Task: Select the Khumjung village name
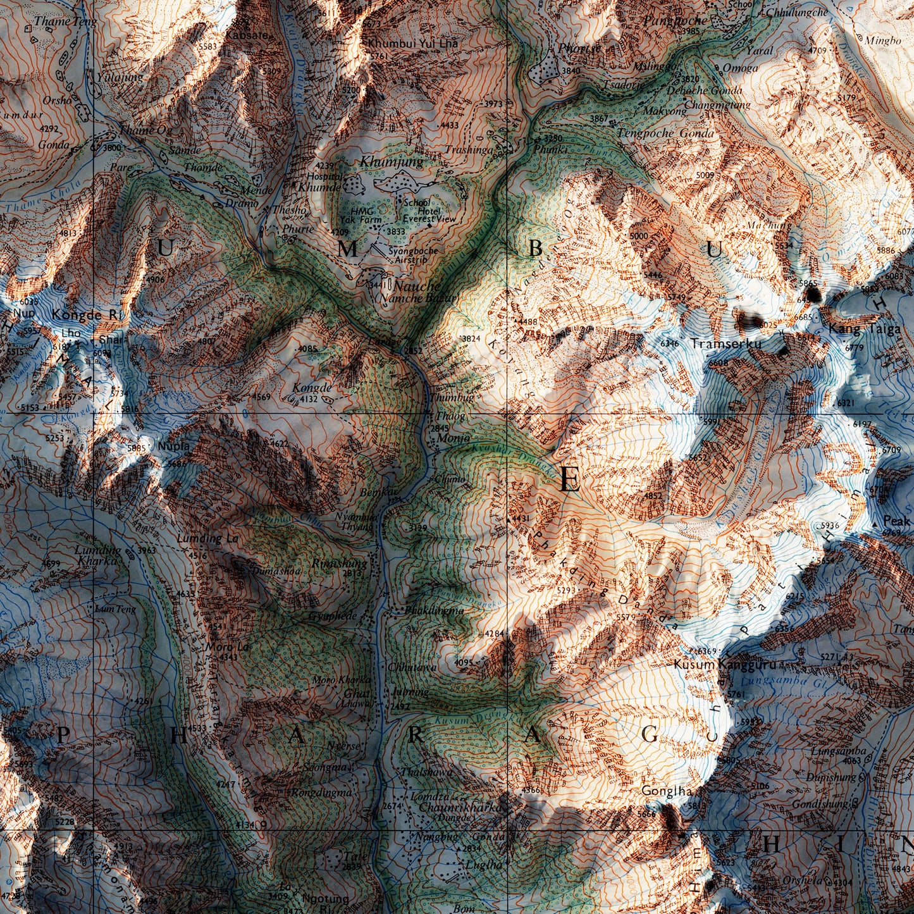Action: click(392, 163)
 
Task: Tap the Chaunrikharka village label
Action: click(461, 808)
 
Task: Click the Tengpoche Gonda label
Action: click(665, 133)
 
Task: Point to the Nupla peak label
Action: click(174, 446)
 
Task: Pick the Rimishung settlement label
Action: click(340, 562)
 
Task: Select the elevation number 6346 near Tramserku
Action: click(669, 343)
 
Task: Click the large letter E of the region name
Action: click(569, 481)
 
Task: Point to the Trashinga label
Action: click(469, 150)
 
